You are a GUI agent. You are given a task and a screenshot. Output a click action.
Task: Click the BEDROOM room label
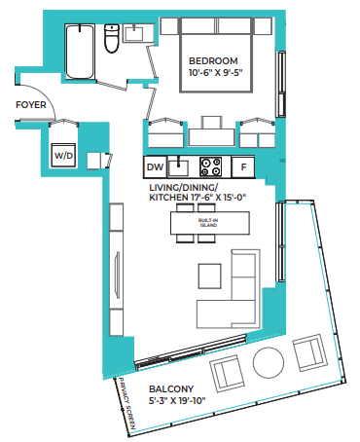point(213,61)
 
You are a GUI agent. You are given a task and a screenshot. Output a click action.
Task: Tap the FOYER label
point(31,105)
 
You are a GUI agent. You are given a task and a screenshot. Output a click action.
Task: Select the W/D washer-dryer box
point(63,156)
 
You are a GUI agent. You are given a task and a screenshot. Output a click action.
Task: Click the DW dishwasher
point(155,167)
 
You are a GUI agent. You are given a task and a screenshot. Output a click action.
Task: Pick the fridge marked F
point(243,167)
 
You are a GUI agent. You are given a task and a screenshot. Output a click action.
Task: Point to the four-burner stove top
point(210,166)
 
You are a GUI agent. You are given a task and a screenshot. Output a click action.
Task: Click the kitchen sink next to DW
point(178,167)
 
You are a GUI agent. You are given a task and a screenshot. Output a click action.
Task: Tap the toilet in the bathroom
point(112,38)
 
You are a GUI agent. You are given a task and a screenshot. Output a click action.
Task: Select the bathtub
point(80,52)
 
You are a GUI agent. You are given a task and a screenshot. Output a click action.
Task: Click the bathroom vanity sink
point(133,33)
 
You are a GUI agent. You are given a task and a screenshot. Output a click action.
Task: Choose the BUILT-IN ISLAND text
point(208,223)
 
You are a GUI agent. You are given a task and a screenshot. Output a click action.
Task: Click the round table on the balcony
point(269,362)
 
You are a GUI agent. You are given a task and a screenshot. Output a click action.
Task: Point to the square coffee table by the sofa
point(210,276)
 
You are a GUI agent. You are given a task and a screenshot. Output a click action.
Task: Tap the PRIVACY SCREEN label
point(126,403)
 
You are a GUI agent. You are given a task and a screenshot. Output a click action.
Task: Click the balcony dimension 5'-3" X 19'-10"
point(177,401)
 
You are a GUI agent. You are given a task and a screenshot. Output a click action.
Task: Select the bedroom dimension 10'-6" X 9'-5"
point(216,72)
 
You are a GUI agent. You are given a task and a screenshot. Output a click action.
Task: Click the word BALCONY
point(171,388)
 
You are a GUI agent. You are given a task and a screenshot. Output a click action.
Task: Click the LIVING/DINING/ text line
point(184,188)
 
